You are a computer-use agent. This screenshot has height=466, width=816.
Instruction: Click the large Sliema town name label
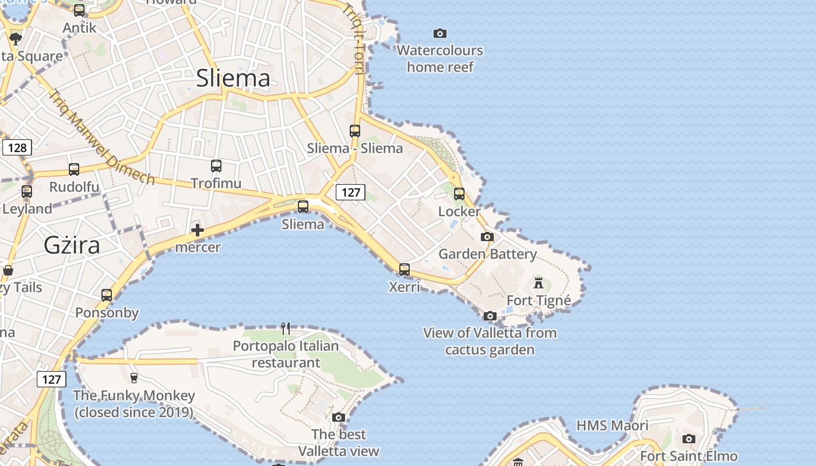[233, 79]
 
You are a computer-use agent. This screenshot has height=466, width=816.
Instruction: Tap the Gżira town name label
[72, 245]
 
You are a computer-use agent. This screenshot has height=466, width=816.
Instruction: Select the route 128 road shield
[17, 147]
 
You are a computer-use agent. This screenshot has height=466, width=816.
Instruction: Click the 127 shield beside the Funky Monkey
[51, 379]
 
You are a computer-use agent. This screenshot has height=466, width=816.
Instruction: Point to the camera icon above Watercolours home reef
[440, 34]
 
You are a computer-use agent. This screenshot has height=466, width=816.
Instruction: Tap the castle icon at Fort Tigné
[539, 284]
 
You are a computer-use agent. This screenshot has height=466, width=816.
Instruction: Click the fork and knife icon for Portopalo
[286, 329]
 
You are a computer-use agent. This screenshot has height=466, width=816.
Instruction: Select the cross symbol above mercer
[198, 230]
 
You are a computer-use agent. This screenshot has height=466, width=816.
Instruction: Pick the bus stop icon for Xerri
[405, 270]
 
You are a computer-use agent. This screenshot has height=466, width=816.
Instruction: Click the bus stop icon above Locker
[459, 194]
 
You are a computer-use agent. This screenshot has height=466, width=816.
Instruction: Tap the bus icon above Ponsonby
[107, 295]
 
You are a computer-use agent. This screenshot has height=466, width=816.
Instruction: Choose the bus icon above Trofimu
[216, 166]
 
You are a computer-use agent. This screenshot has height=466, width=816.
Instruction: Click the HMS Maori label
[612, 426]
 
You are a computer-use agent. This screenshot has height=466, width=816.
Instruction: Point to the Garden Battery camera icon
[487, 237]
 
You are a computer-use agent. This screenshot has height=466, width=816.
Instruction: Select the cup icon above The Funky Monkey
[134, 378]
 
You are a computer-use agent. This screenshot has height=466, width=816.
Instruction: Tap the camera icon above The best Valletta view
[339, 418]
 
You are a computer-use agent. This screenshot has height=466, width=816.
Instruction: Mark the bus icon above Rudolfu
[74, 170]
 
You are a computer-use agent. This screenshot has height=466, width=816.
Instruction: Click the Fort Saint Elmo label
[689, 456]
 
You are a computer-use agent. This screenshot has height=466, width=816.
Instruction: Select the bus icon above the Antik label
[79, 10]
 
